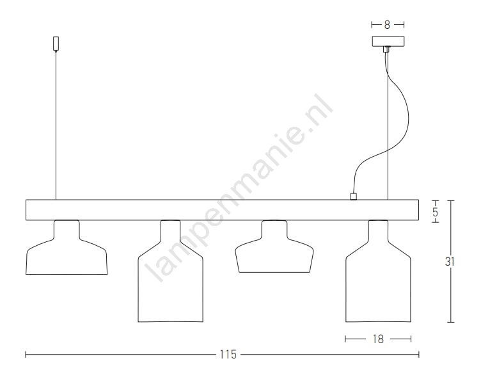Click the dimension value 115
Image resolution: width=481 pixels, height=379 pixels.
click(228, 355)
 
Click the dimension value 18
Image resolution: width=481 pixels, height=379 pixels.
click(378, 339)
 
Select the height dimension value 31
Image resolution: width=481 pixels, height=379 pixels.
click(450, 261)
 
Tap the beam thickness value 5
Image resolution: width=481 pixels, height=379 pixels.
click(436, 212)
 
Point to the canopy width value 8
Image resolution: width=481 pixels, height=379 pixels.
click(387, 25)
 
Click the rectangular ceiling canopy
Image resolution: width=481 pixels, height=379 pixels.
click(388, 42)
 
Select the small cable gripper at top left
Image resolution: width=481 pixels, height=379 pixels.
click(56, 44)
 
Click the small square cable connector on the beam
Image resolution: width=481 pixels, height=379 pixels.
click(353, 197)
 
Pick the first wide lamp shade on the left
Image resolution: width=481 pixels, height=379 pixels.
click(67, 247)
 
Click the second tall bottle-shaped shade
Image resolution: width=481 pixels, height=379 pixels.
click(171, 271)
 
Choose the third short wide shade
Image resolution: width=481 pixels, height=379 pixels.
click(274, 246)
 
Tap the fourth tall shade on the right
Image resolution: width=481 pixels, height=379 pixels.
click(378, 271)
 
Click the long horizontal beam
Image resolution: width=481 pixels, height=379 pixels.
click(222, 210)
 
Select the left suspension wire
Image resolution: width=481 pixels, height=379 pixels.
click(56, 125)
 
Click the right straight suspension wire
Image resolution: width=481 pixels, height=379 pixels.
click(388, 123)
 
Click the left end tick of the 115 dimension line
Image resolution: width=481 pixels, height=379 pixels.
click(26, 355)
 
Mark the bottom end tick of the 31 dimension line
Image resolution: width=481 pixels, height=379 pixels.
click(450, 322)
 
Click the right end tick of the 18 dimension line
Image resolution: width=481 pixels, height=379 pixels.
click(411, 339)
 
